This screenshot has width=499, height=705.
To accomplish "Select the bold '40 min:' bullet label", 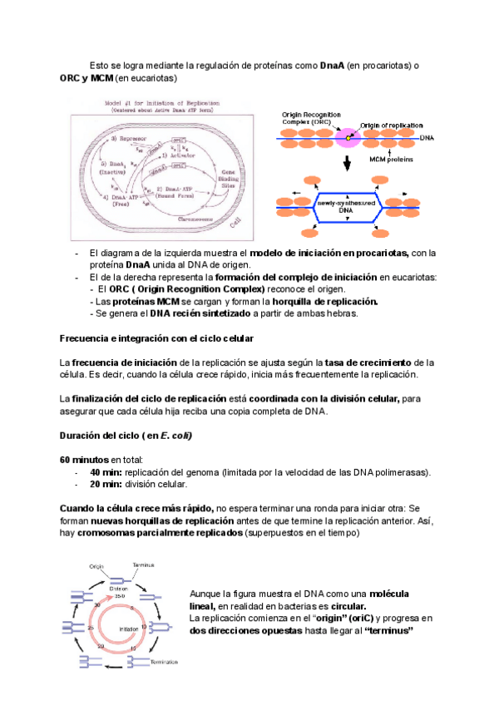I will [106, 472].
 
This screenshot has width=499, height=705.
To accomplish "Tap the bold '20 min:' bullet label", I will [106, 484].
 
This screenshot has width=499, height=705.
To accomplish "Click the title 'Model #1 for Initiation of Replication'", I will [160, 102].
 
